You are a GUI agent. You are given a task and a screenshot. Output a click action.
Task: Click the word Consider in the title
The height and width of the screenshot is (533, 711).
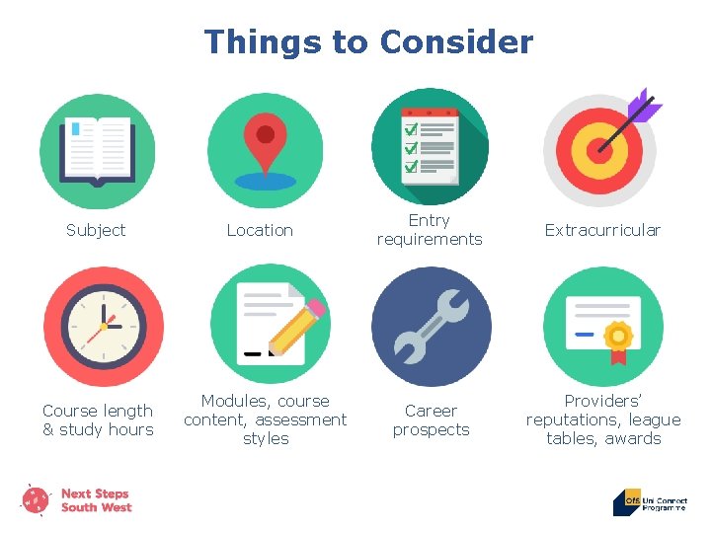pos(456,42)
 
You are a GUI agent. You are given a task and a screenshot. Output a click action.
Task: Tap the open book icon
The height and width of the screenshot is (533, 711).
pos(98,150)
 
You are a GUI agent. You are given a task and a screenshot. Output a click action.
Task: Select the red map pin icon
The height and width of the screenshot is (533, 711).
pos(265,143)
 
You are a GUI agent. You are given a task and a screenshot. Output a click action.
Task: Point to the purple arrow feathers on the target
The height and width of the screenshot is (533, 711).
pos(645,105)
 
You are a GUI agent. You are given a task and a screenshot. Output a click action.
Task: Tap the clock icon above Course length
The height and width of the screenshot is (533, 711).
pos(103,326)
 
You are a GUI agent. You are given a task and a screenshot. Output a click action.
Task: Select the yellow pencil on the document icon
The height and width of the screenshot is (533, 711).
pos(297,327)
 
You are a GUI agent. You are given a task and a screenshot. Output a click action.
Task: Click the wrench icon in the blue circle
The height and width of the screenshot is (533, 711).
pos(431,326)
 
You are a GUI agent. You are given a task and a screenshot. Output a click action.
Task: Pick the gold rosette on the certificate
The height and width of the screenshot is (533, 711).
pos(619,337)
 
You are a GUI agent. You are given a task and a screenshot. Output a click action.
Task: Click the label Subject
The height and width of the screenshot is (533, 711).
pos(96,230)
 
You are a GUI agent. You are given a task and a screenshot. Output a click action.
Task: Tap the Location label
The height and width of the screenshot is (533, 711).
pos(260,230)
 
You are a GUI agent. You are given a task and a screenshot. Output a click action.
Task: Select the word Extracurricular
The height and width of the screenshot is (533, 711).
pos(602,230)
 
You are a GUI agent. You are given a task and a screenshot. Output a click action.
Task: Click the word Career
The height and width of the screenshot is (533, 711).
pos(432,411)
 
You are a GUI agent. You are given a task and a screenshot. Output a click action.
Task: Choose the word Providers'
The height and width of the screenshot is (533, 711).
pos(602,401)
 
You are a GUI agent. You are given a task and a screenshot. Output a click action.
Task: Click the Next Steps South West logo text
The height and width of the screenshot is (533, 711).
pos(96,500)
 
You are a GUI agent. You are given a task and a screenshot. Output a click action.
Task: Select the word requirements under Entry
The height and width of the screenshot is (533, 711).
pos(430,240)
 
